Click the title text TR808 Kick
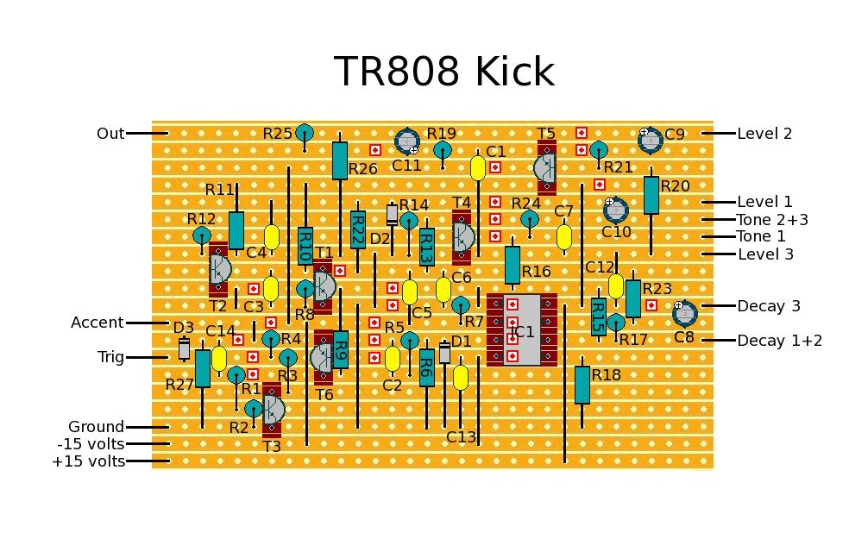pyautogui.click(x=443, y=72)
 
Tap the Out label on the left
pyautogui.click(x=110, y=134)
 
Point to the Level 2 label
pyautogui.click(x=764, y=134)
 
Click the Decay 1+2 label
pyautogui.click(x=779, y=341)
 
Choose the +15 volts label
pyautogui.click(x=88, y=461)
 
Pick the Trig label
pyautogui.click(x=110, y=357)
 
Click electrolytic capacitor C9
pyautogui.click(x=649, y=140)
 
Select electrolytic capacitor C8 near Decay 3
pyautogui.click(x=683, y=313)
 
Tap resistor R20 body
pyautogui.click(x=651, y=195)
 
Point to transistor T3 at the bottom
pyautogui.click(x=272, y=408)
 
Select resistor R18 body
pyautogui.click(x=582, y=384)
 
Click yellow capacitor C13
pyautogui.click(x=461, y=379)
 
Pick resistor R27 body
pyautogui.click(x=202, y=368)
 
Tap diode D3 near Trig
pyautogui.click(x=184, y=348)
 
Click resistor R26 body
pyautogui.click(x=340, y=160)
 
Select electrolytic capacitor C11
pyautogui.click(x=406, y=141)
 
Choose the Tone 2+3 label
pyautogui.click(x=772, y=220)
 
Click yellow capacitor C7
pyautogui.click(x=564, y=236)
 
